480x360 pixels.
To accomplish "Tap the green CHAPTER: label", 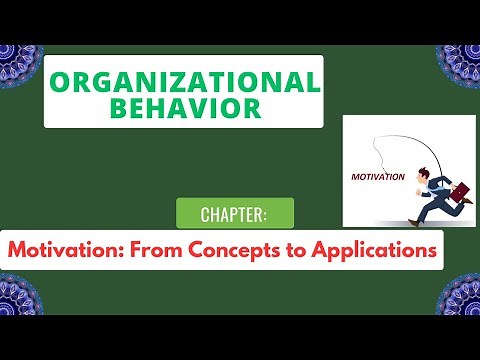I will [235, 214].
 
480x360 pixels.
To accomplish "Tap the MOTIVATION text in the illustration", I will [377, 177].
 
